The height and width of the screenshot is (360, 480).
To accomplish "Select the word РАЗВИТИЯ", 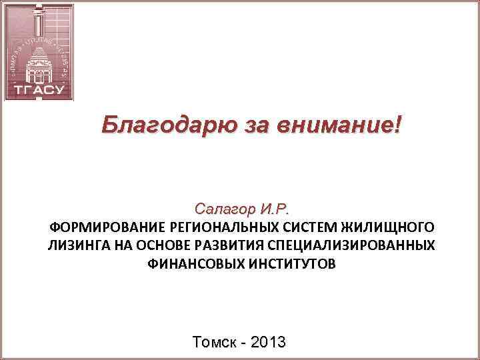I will (225, 245).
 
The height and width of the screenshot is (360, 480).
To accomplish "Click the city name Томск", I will (213, 343).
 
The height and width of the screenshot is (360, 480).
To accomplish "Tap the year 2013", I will (267, 343).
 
